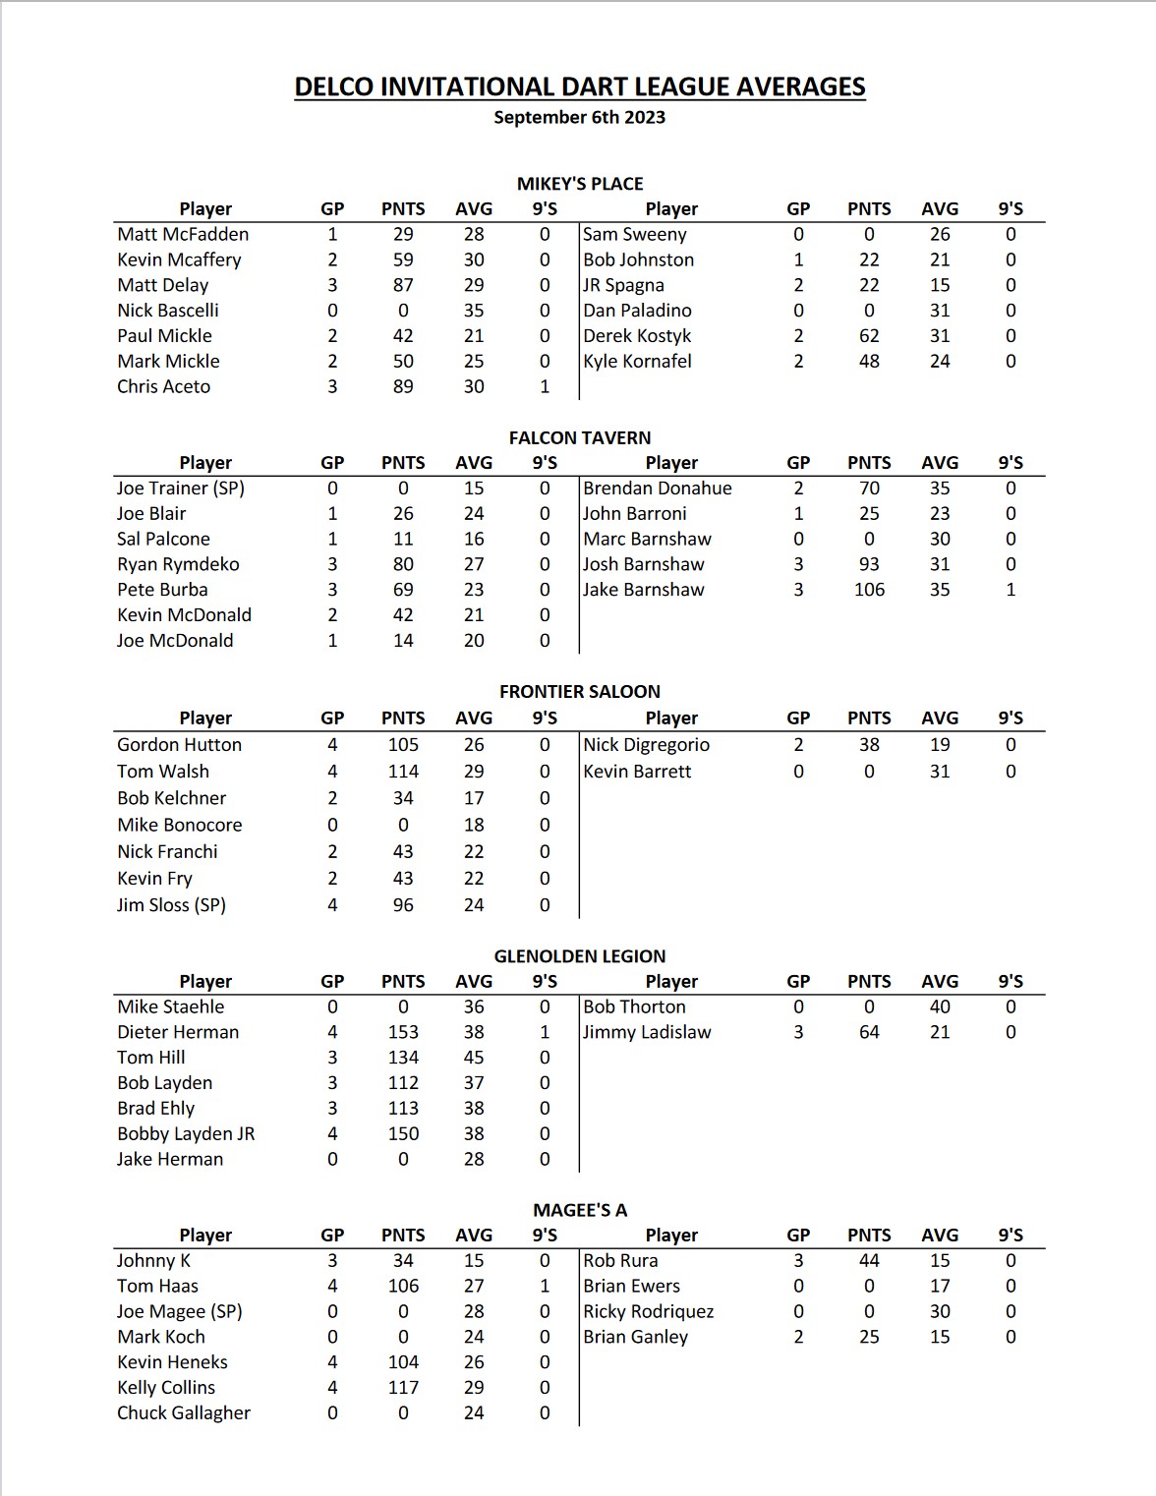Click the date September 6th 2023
click(579, 117)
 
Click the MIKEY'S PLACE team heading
click(580, 184)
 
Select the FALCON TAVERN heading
click(580, 437)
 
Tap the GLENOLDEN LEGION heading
click(580, 955)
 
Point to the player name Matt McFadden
click(183, 234)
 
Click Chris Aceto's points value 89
click(403, 386)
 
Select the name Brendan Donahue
click(657, 488)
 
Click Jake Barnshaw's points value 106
click(869, 590)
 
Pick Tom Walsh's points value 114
click(403, 772)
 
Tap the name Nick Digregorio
click(646, 745)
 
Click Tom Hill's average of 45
click(474, 1058)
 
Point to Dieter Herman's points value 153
click(403, 1032)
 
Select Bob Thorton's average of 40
click(940, 1007)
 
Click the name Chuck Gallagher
click(184, 1412)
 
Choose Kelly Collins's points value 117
click(403, 1387)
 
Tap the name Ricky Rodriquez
click(648, 1311)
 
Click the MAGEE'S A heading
click(580, 1210)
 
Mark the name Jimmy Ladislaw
click(647, 1032)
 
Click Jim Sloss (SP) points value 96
click(403, 905)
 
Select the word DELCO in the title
click(334, 86)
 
